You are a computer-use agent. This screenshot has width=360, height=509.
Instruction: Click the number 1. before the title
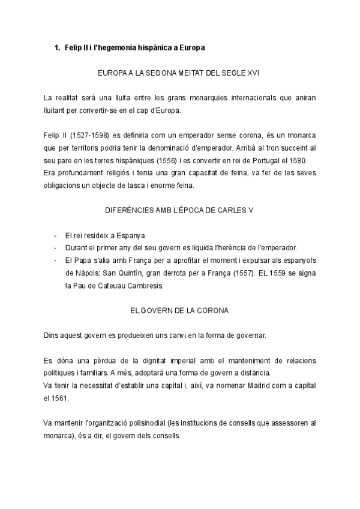click(58, 47)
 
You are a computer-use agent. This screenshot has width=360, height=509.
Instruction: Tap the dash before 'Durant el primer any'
click(56, 248)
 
